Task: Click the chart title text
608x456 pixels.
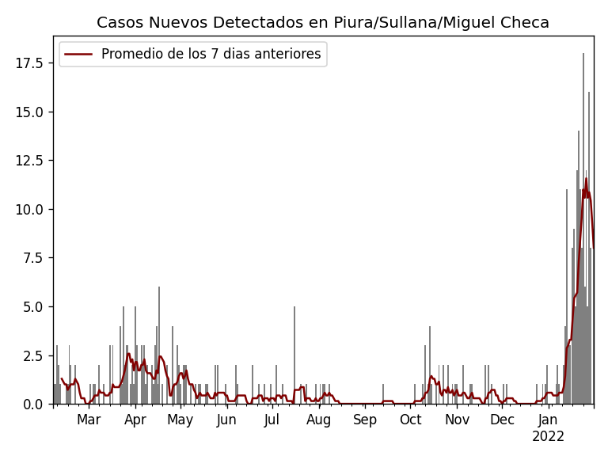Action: click(x=323, y=23)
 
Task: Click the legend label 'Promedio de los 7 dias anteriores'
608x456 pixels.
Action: click(x=211, y=55)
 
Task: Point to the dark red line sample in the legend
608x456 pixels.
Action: click(x=78, y=55)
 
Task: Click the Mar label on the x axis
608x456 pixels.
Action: click(x=89, y=420)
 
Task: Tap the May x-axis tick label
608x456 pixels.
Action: click(x=180, y=420)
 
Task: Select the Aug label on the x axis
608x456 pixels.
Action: click(x=319, y=420)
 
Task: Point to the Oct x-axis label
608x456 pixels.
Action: click(x=411, y=420)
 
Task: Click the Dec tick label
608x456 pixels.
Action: click(x=502, y=420)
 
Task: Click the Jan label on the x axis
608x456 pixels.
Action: click(x=548, y=420)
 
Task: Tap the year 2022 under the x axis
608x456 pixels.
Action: click(x=548, y=436)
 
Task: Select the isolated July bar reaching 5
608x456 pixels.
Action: click(x=294, y=356)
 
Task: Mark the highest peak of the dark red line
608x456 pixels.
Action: click(x=587, y=178)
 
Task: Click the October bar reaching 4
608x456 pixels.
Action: click(x=430, y=364)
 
